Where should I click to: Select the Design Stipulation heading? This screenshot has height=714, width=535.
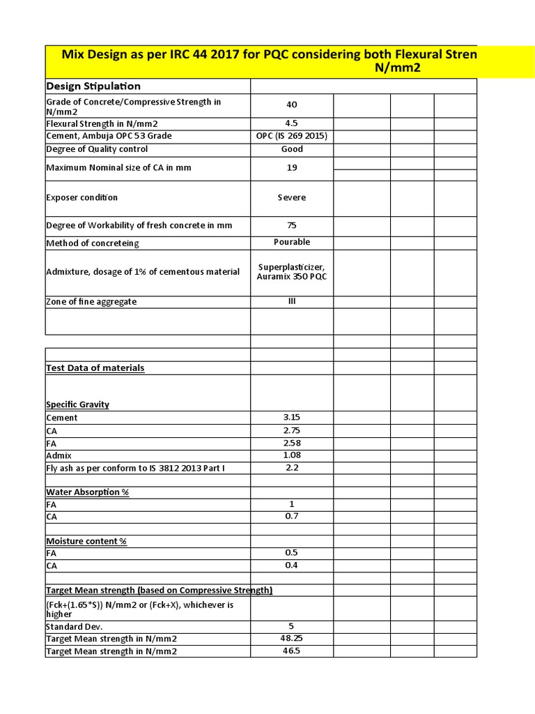93,86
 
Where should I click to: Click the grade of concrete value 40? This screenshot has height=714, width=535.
291,105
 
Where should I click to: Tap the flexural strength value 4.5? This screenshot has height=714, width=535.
291,123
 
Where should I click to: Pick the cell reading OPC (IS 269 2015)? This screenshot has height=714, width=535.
291,135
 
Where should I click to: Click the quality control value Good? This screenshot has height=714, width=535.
291,149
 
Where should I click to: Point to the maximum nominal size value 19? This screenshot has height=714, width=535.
291,168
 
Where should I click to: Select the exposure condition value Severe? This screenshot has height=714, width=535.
291,197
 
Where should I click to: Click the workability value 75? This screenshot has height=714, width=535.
291,225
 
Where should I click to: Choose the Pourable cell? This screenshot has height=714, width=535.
291,242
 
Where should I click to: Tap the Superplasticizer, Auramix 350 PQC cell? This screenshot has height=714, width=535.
291,271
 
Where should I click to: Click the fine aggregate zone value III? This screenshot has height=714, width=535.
291,301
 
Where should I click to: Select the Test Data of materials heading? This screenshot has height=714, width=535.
95,367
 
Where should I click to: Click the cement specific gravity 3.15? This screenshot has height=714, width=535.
291,417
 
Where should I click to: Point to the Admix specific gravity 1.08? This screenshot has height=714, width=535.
291,455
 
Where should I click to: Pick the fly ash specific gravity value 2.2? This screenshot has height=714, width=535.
291,468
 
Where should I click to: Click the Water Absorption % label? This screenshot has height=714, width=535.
87,492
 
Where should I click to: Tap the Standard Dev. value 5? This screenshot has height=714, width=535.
291,626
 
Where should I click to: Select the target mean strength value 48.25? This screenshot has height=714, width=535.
291,638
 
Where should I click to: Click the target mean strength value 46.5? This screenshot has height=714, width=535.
291,651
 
